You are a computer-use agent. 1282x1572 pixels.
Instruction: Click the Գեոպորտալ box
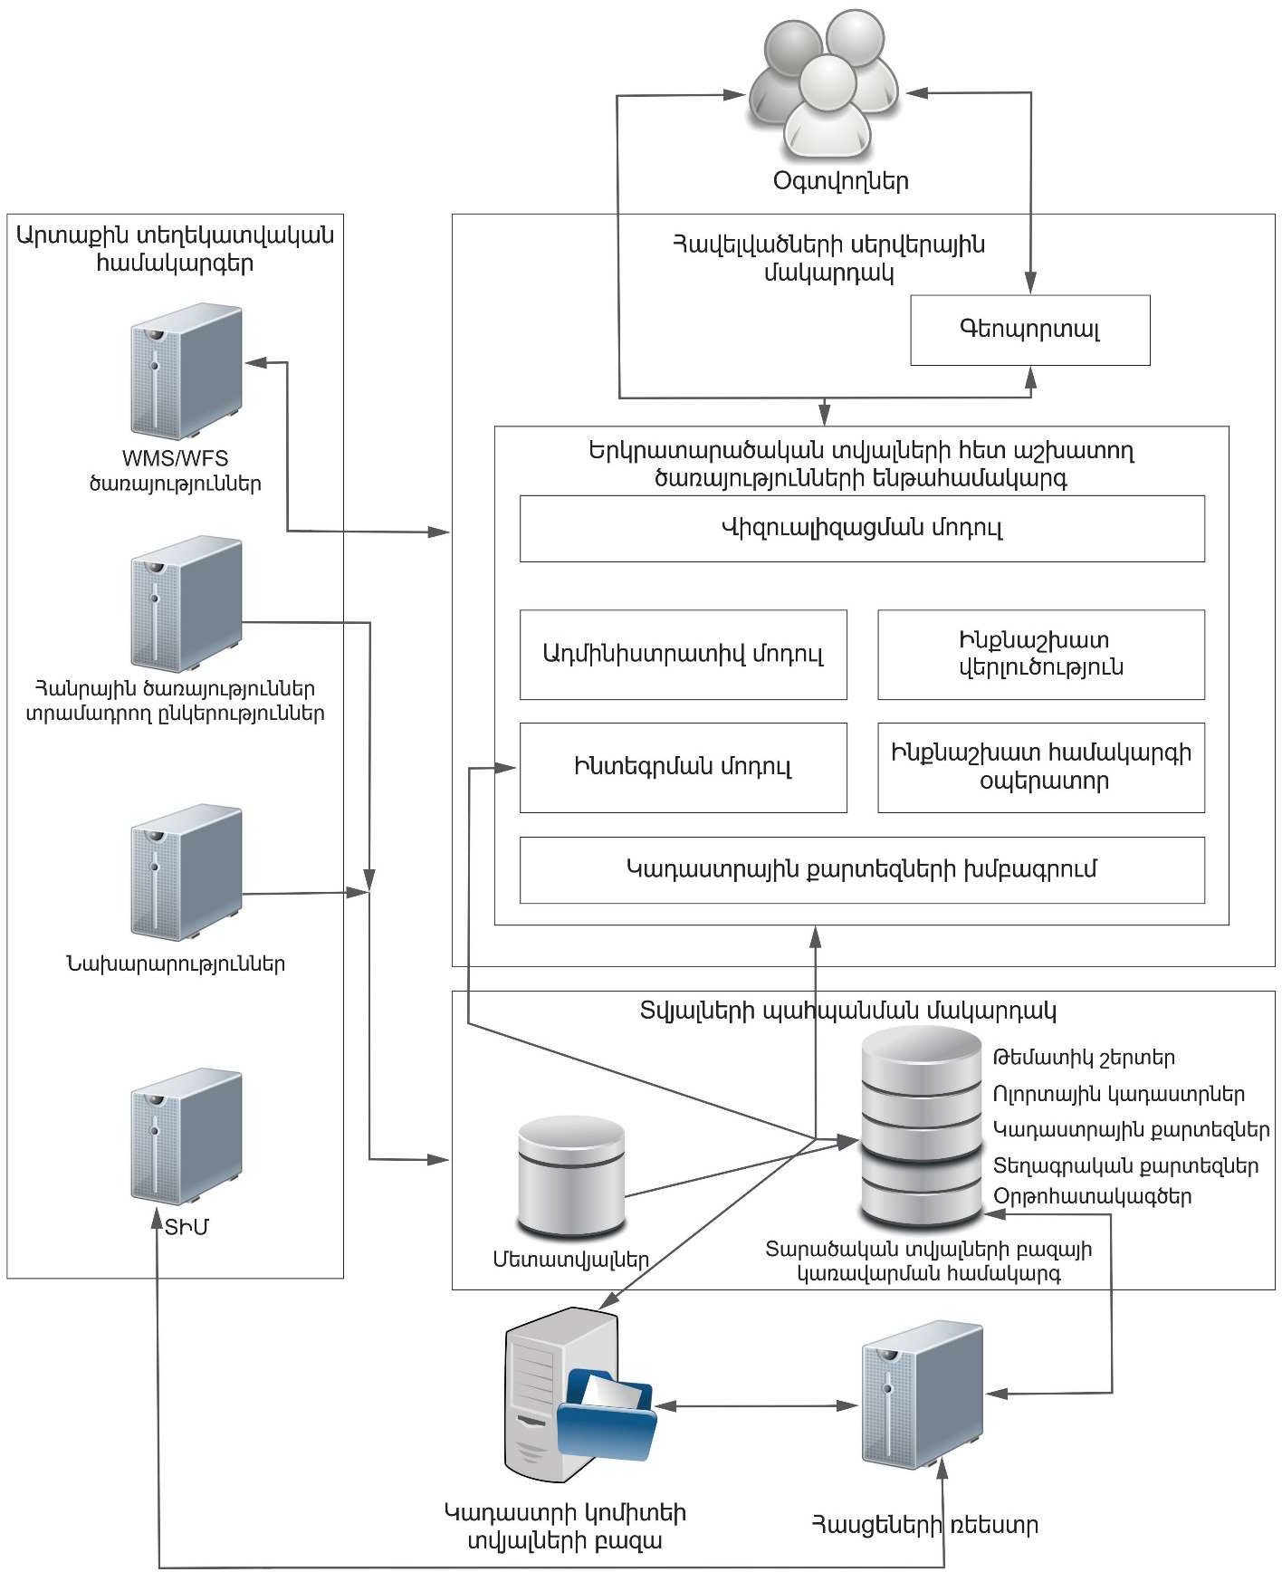(x=1029, y=330)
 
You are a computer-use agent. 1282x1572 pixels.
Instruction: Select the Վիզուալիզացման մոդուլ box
(x=861, y=528)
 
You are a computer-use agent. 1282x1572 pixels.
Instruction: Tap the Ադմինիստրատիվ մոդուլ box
(x=683, y=654)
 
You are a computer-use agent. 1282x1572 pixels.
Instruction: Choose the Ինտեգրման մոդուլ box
(x=683, y=767)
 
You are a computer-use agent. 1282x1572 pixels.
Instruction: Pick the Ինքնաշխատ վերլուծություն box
(x=1040, y=654)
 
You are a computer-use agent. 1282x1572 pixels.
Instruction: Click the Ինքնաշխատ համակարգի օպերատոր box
(x=1040, y=767)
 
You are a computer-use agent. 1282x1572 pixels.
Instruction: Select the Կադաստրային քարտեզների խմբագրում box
(x=861, y=869)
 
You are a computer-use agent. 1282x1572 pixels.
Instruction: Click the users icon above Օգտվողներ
(x=825, y=86)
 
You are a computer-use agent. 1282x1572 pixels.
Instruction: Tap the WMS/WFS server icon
(x=186, y=371)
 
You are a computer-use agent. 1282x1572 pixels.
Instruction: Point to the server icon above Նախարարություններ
(x=186, y=872)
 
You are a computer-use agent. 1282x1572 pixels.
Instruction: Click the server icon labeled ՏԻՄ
(x=186, y=1137)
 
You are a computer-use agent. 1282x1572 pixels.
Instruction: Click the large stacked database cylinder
(x=922, y=1127)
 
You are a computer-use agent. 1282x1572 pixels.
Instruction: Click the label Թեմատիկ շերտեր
(x=1084, y=1058)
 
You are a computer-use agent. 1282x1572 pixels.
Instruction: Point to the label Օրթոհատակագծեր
(x=1092, y=1196)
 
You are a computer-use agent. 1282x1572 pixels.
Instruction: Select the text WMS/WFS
(x=176, y=458)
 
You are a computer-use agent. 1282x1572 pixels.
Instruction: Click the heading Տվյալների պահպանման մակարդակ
(x=847, y=1011)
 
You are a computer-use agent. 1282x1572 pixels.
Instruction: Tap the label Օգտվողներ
(x=840, y=181)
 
